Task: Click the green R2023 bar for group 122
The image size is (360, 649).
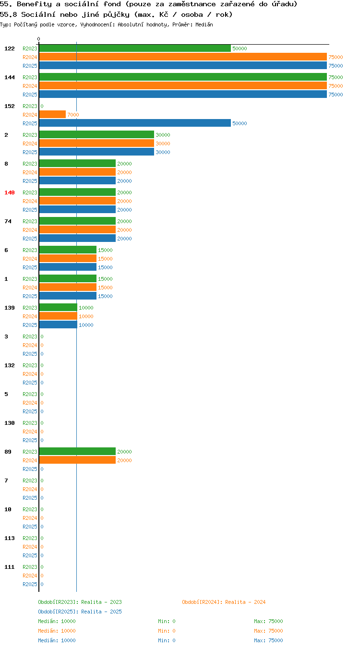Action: tap(135, 48)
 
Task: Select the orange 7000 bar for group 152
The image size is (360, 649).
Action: tap(52, 114)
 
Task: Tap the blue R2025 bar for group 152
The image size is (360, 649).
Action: tap(135, 123)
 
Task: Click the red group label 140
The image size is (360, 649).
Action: tap(10, 192)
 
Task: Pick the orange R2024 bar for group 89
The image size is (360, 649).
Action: tap(77, 460)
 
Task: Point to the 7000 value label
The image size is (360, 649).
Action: tap(73, 115)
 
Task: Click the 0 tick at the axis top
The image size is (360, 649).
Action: tap(38, 39)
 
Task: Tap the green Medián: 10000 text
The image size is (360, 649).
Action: tap(57, 621)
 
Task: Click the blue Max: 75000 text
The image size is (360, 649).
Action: tap(268, 640)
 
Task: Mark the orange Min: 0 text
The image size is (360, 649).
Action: tap(167, 631)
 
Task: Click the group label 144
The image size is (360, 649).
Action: tap(10, 77)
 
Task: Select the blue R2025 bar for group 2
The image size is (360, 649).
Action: tap(97, 152)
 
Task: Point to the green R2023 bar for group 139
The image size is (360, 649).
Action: tap(58, 307)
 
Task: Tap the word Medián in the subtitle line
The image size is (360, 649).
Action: tap(204, 24)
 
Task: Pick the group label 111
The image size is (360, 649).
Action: tap(10, 567)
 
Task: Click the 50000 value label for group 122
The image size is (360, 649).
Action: tap(240, 48)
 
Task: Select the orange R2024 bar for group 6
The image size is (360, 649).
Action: tap(68, 258)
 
